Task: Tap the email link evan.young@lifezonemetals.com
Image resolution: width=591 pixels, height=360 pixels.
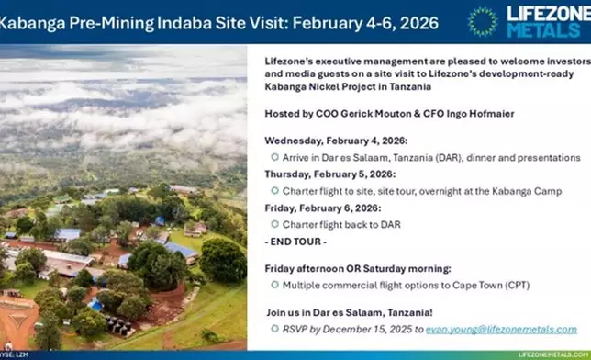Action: click(501, 329)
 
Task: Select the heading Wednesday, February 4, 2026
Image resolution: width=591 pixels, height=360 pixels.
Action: click(329, 141)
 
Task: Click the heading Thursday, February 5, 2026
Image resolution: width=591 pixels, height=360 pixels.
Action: click(329, 174)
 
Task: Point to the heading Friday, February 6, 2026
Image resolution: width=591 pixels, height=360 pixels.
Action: click(322, 207)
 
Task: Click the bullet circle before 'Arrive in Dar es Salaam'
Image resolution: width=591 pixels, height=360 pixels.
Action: click(274, 157)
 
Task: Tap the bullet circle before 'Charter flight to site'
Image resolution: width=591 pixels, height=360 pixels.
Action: click(274, 190)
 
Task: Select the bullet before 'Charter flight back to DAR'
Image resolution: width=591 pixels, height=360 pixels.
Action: click(274, 223)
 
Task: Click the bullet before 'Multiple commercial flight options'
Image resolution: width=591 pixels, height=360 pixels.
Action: click(274, 285)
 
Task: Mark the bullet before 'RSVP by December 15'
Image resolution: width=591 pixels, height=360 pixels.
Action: click(274, 329)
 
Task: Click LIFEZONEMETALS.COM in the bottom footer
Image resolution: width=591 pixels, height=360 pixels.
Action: click(552, 354)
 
